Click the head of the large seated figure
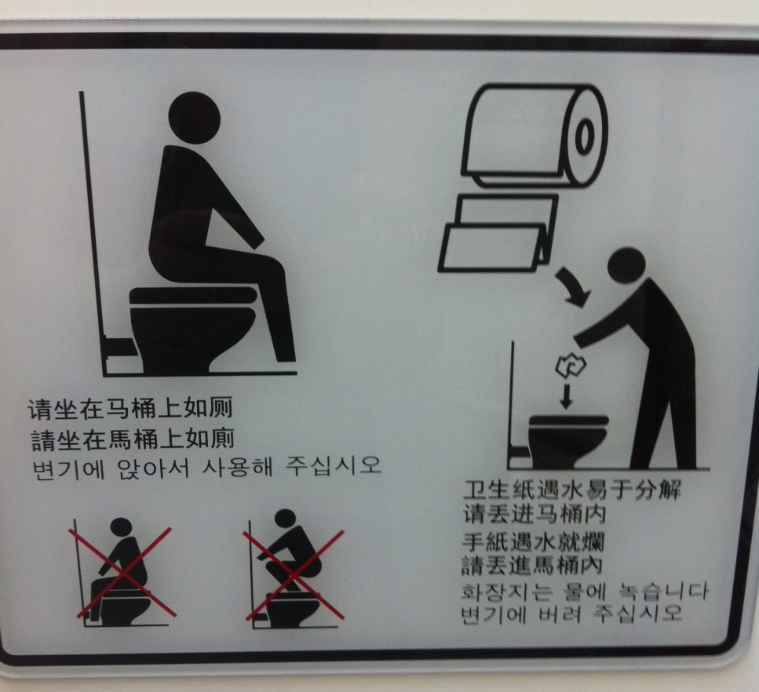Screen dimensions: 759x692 194,118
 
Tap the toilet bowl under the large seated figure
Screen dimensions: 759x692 192,330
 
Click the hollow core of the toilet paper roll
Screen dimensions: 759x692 584,137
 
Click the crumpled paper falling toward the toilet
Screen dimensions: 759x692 571,366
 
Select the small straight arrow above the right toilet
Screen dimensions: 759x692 565,396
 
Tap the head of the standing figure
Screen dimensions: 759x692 626,267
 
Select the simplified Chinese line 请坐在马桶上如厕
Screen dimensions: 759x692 130,408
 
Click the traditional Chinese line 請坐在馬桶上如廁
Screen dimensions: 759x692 133,439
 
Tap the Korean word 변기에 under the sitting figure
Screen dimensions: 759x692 68,468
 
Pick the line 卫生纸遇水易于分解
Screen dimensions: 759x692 571,490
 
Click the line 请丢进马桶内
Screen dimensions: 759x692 535,513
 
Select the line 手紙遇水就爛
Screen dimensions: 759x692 533,542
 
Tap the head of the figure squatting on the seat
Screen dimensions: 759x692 285,517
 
